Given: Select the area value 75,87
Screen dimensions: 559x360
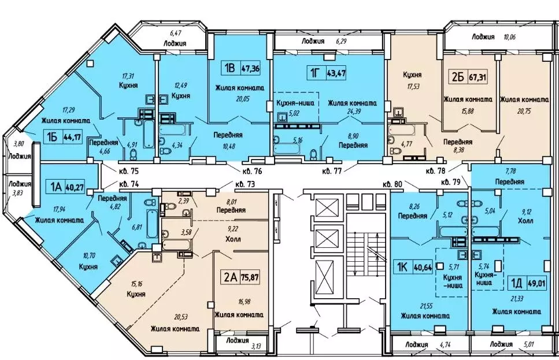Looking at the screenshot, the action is click(x=250, y=277).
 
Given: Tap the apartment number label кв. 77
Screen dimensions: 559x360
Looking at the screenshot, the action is click(x=332, y=171).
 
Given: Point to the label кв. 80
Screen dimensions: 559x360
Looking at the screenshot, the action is click(x=393, y=184).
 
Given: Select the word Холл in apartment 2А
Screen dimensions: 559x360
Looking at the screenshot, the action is click(x=233, y=239).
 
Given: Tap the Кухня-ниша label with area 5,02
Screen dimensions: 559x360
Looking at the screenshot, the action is click(x=295, y=103).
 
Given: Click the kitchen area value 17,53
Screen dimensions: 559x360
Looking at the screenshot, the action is click(x=413, y=86).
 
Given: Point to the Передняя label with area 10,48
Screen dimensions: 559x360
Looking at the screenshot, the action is click(x=228, y=135).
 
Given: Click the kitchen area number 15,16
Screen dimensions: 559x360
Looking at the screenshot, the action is click(x=135, y=284).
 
